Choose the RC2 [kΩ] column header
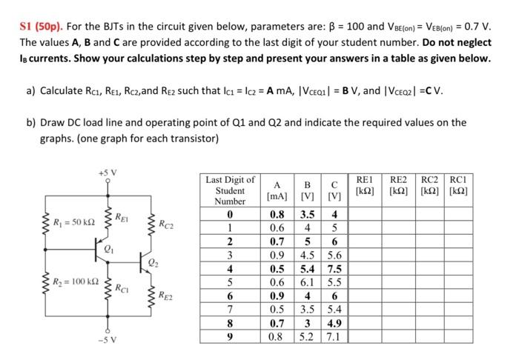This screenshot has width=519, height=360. click(x=434, y=185)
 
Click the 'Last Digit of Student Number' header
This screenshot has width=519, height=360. click(x=230, y=190)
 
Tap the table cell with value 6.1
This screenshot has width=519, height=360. click(x=306, y=281)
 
